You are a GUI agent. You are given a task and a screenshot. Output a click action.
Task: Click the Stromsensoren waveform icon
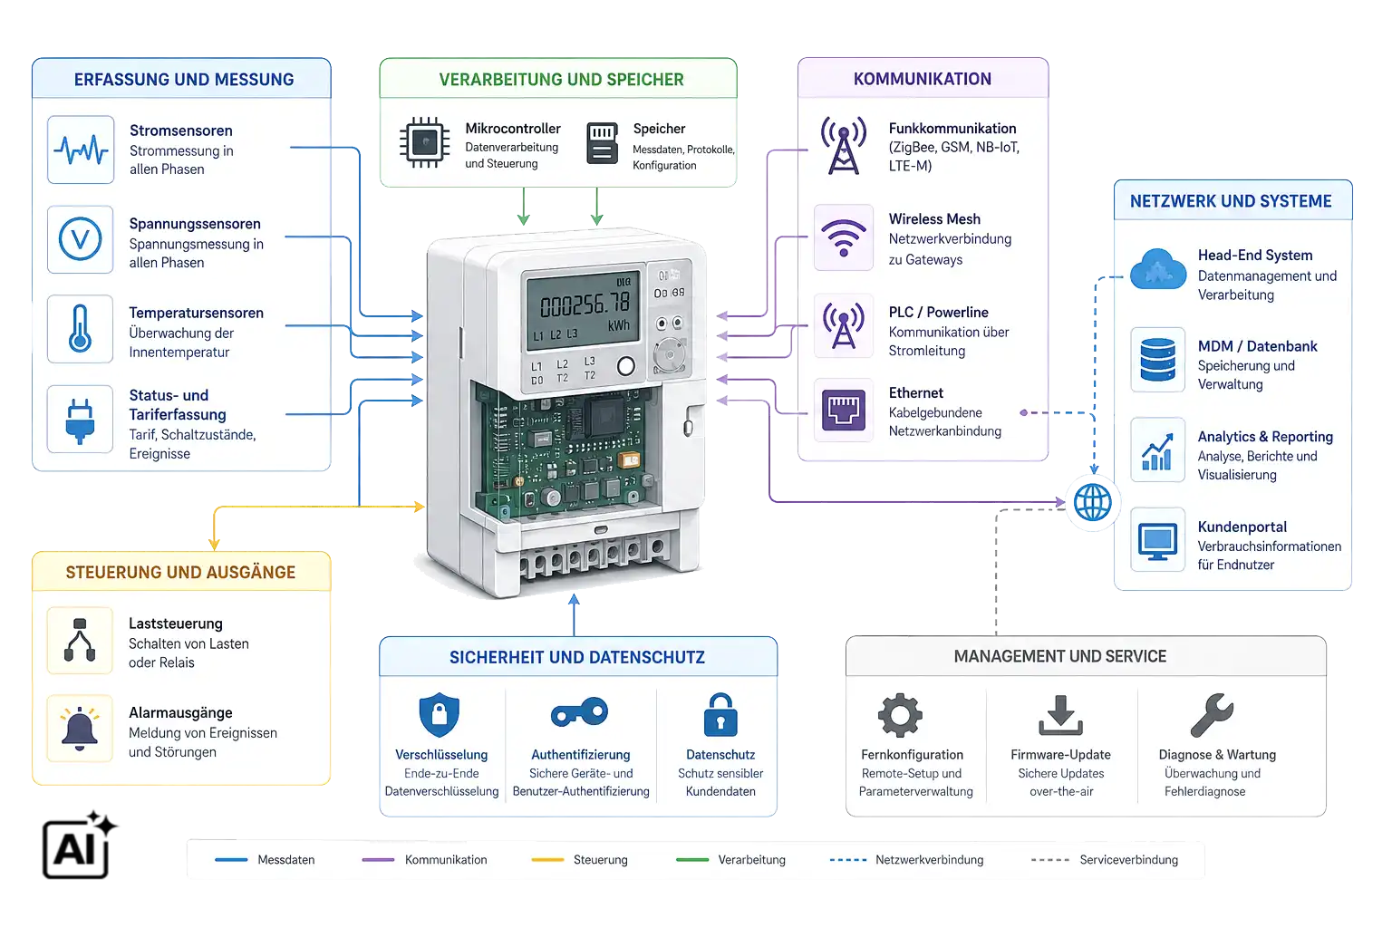(81, 150)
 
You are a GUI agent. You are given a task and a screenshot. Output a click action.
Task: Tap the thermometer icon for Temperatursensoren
(80, 329)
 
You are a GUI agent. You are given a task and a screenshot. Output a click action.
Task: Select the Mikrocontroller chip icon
(424, 142)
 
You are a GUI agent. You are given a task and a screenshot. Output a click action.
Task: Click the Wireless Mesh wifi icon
(844, 238)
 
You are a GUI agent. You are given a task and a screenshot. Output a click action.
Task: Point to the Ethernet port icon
(844, 411)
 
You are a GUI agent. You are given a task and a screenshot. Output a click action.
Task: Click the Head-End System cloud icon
(1157, 269)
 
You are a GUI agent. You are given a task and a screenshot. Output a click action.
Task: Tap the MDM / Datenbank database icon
(1157, 359)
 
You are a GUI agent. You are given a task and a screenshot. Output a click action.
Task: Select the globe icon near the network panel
(1092, 501)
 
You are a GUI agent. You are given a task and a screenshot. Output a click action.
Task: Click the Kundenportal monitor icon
(1157, 541)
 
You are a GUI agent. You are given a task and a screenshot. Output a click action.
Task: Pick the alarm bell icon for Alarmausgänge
(80, 729)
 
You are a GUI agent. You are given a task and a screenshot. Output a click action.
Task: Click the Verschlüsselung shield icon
(440, 714)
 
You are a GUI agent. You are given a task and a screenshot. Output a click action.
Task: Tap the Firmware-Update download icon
(1061, 715)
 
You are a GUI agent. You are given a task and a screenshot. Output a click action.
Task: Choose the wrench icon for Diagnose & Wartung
(1212, 715)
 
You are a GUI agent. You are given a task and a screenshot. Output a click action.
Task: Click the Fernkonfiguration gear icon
(900, 715)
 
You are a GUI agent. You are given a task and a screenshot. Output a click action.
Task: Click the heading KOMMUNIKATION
(923, 79)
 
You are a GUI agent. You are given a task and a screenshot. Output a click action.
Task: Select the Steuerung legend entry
(579, 860)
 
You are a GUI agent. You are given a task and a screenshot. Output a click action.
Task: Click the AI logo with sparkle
(79, 845)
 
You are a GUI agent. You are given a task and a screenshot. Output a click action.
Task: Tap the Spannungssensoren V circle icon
(80, 239)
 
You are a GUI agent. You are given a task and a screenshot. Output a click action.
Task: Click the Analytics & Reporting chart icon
(1157, 451)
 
